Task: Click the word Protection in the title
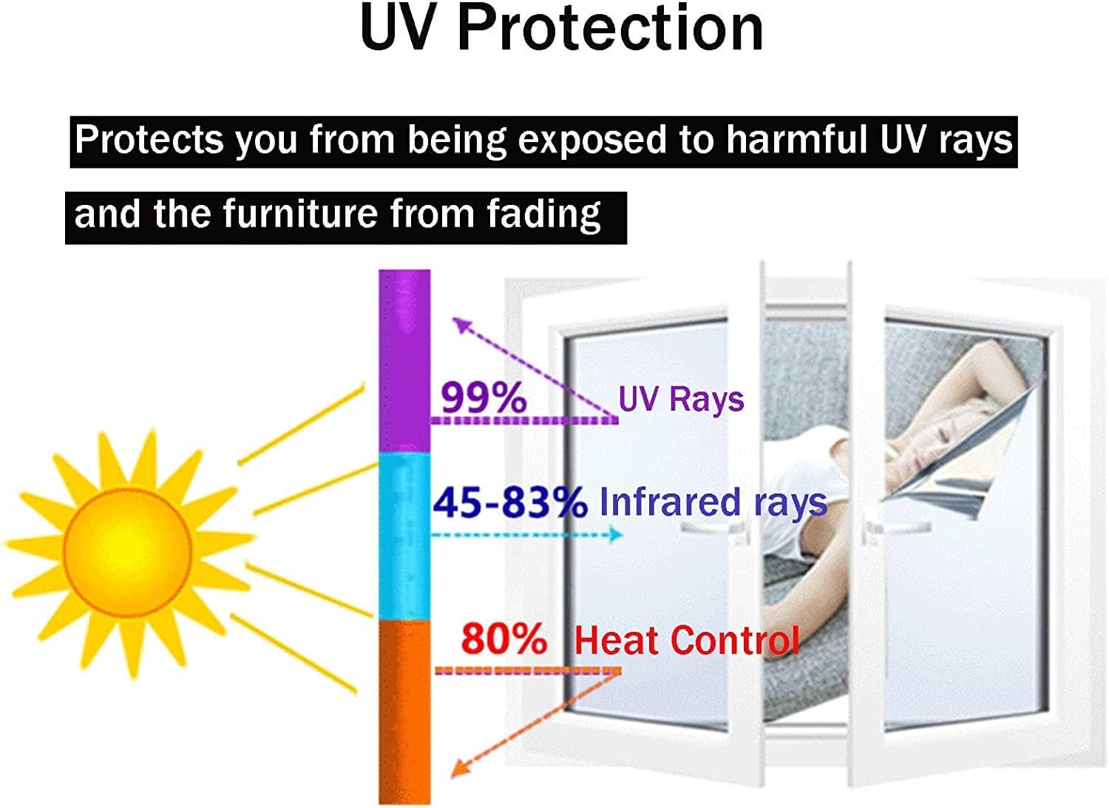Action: point(610,30)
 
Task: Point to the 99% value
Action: point(484,398)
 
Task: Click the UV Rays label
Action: point(681,400)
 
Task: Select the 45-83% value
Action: point(509,502)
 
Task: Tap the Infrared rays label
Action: point(713,502)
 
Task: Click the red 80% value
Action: point(503,639)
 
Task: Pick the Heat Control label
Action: point(687,641)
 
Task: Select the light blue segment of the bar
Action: point(404,536)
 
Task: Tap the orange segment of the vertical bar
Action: point(404,710)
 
